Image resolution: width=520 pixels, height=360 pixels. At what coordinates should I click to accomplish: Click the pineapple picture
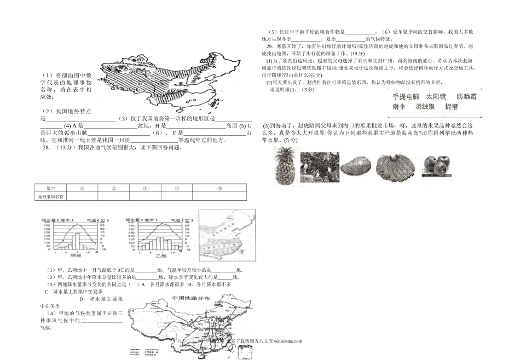click(286, 165)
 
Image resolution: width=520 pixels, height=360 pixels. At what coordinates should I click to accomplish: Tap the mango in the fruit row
click(356, 165)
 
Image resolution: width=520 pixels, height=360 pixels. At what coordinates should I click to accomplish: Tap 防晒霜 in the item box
click(466, 97)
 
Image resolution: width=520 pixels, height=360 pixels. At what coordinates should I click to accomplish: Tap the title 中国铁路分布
click(190, 299)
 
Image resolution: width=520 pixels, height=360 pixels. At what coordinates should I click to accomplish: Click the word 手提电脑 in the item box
click(406, 97)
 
